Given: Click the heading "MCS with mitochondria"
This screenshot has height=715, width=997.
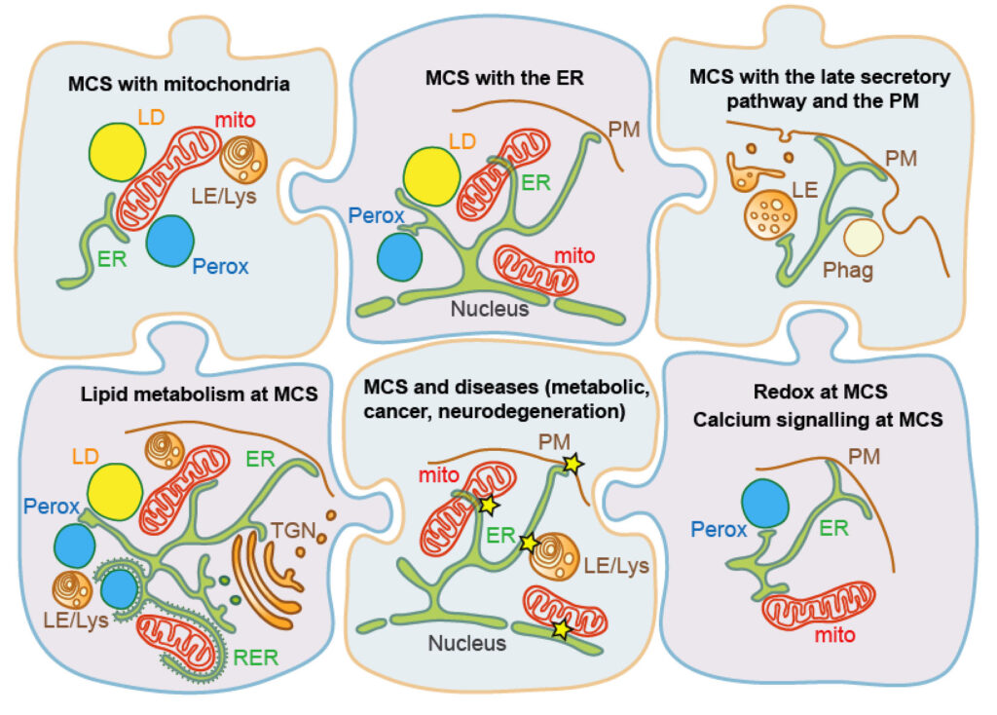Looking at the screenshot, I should pyautogui.click(x=178, y=84).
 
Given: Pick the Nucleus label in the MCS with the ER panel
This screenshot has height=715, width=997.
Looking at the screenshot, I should pyautogui.click(x=490, y=311).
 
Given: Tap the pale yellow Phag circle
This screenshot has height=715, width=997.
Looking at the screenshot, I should pyautogui.click(x=862, y=238).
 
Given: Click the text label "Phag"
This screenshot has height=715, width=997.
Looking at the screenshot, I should pyautogui.click(x=847, y=271).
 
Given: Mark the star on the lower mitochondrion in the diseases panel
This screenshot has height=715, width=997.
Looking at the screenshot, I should pyautogui.click(x=560, y=628).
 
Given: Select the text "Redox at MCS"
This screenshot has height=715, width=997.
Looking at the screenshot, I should pyautogui.click(x=821, y=393).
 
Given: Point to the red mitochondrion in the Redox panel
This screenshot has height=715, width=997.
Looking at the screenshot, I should pyautogui.click(x=820, y=610).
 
